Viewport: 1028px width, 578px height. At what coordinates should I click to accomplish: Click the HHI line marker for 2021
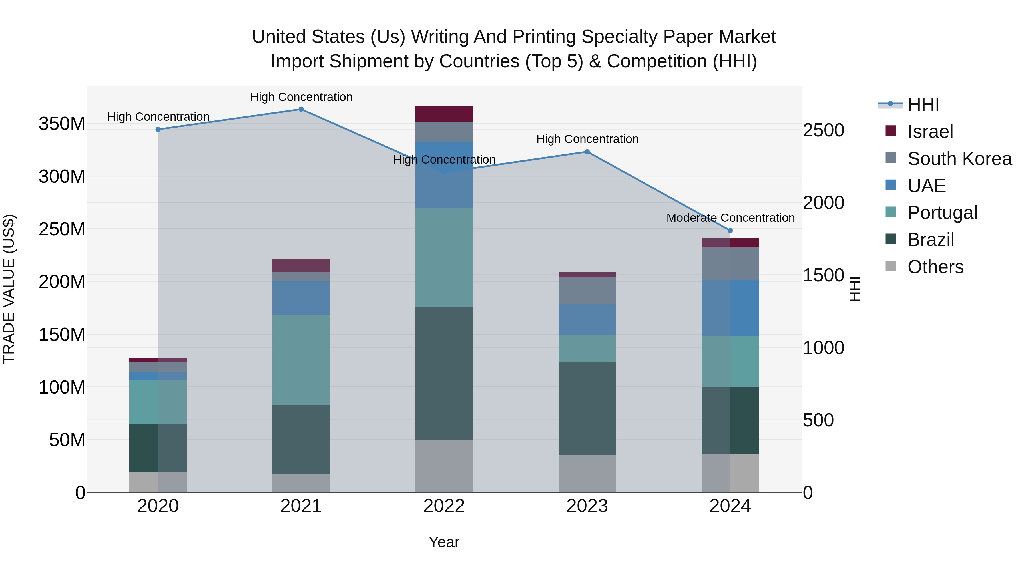click(x=301, y=109)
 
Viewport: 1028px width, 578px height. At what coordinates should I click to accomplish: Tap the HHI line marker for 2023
click(x=587, y=152)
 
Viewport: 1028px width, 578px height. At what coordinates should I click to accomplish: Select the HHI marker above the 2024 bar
click(x=730, y=231)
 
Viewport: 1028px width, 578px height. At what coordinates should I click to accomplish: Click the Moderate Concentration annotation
click(x=730, y=218)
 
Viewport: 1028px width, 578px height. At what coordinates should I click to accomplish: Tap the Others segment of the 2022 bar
click(x=444, y=466)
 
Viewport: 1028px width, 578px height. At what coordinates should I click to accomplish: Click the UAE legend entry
click(x=926, y=186)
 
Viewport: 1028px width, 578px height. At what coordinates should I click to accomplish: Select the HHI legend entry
click(x=923, y=104)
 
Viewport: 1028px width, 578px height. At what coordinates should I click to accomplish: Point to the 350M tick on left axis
click(x=62, y=124)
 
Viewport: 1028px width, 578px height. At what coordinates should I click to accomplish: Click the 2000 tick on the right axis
click(x=823, y=203)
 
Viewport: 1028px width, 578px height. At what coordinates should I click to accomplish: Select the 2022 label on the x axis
click(x=444, y=506)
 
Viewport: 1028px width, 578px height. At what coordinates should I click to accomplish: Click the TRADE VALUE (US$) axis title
click(x=9, y=289)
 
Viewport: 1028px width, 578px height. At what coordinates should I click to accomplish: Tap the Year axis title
click(x=444, y=542)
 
